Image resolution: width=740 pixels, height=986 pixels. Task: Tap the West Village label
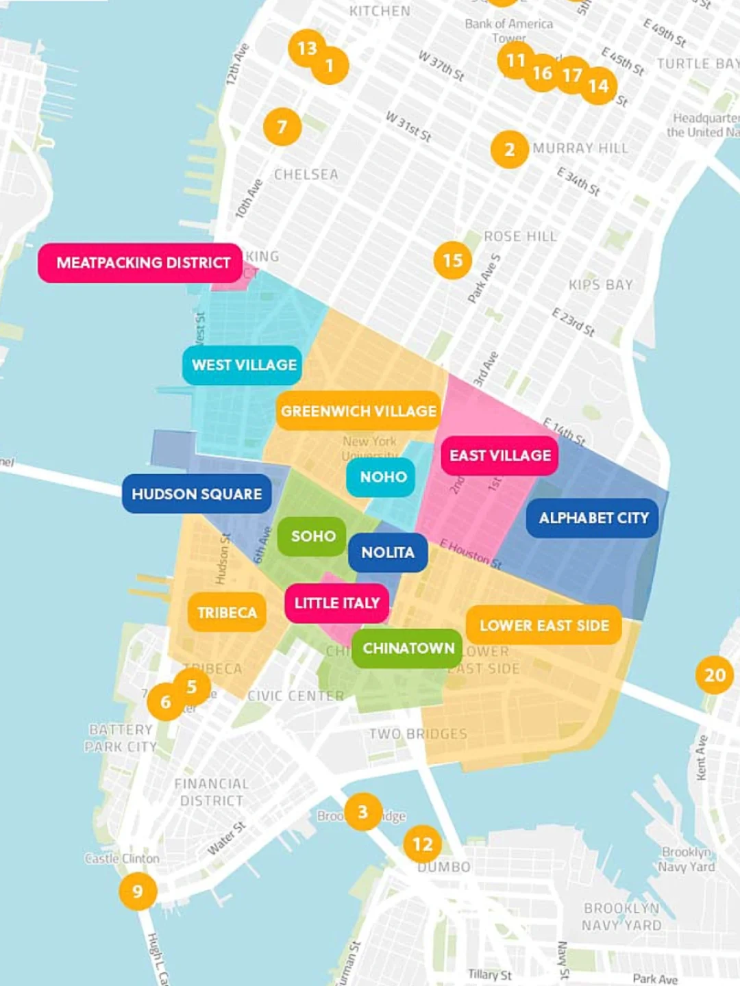pyautogui.click(x=243, y=365)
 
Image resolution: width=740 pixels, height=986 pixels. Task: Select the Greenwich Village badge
pyautogui.click(x=358, y=411)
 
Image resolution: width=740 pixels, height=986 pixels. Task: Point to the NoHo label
pyautogui.click(x=382, y=477)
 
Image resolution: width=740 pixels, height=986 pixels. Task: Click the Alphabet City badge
pyautogui.click(x=593, y=518)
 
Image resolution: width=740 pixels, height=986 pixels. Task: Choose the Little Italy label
pyautogui.click(x=336, y=603)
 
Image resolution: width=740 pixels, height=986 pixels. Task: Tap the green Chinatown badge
pyautogui.click(x=408, y=648)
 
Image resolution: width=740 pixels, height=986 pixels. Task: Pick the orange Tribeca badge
pyautogui.click(x=227, y=612)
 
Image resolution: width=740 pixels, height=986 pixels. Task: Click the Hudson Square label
pyautogui.click(x=197, y=494)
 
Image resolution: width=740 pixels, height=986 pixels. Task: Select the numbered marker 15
pyautogui.click(x=452, y=260)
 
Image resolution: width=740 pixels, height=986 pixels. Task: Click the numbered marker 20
pyautogui.click(x=715, y=675)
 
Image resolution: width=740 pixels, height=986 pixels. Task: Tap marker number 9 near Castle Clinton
pyautogui.click(x=138, y=891)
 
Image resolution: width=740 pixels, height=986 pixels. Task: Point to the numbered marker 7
pyautogui.click(x=282, y=127)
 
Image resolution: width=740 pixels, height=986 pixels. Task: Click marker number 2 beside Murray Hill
pyautogui.click(x=509, y=149)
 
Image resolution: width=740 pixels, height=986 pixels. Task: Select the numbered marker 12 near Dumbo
pyautogui.click(x=422, y=844)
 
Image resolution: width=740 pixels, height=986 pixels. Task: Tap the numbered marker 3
pyautogui.click(x=362, y=812)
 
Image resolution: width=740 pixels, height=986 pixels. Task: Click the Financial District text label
pyautogui.click(x=211, y=792)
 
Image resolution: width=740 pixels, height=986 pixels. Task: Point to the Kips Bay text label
pyautogui.click(x=600, y=285)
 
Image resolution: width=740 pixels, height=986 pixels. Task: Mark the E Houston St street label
pyautogui.click(x=471, y=554)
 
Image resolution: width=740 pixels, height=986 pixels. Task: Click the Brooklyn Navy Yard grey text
pyautogui.click(x=621, y=916)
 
